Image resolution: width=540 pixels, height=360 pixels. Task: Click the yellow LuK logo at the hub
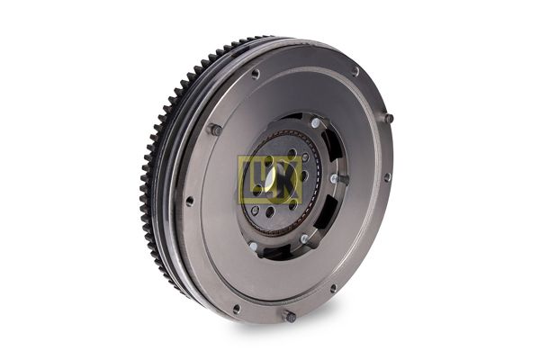coord(268,180)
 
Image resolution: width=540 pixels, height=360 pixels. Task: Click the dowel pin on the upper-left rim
coord(216,130)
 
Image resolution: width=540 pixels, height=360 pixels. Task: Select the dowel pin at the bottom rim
coord(288,316)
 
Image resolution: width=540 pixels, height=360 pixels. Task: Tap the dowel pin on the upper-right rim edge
coord(388,118)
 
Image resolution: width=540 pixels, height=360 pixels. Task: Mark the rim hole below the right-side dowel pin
coord(387,177)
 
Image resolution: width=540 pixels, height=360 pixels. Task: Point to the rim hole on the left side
coord(190,201)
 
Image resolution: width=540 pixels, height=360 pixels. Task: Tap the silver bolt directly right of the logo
coord(334,179)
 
